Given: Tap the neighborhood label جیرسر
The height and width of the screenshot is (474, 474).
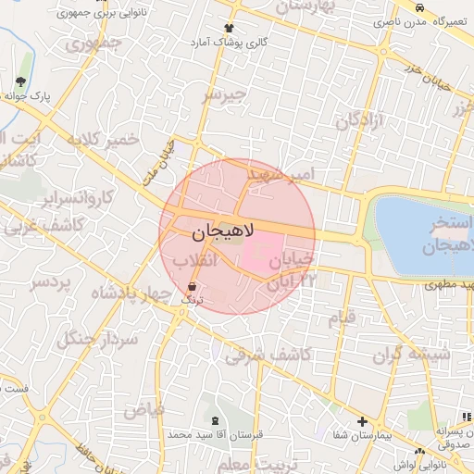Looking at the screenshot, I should coord(226,94).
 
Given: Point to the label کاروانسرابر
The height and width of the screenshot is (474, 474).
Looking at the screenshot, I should coord(78,197).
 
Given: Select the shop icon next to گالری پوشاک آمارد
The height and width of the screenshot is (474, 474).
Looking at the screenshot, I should coord(229,29).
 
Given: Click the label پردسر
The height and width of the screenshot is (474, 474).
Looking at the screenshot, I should coord(50,283).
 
